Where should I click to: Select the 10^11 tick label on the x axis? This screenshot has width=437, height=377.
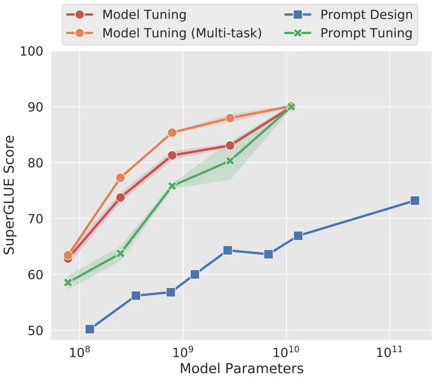pyautogui.click(x=389, y=352)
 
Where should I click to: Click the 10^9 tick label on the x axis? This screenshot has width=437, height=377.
pyautogui.click(x=183, y=352)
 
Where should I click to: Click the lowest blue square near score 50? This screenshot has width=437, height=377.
pyautogui.click(x=90, y=329)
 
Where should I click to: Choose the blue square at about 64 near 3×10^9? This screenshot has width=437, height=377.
pyautogui.click(x=228, y=251)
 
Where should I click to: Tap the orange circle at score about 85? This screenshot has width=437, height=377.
pyautogui.click(x=172, y=133)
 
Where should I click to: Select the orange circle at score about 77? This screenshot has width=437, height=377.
pyautogui.click(x=121, y=178)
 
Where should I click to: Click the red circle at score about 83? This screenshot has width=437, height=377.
pyautogui.click(x=230, y=145)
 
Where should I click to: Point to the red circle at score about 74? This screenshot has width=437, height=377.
pyautogui.click(x=121, y=197)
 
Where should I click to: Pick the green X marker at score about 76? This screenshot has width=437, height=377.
pyautogui.click(x=172, y=186)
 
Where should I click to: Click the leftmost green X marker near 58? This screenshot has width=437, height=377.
pyautogui.click(x=68, y=283)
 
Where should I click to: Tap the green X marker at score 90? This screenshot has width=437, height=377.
pyautogui.click(x=291, y=107)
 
